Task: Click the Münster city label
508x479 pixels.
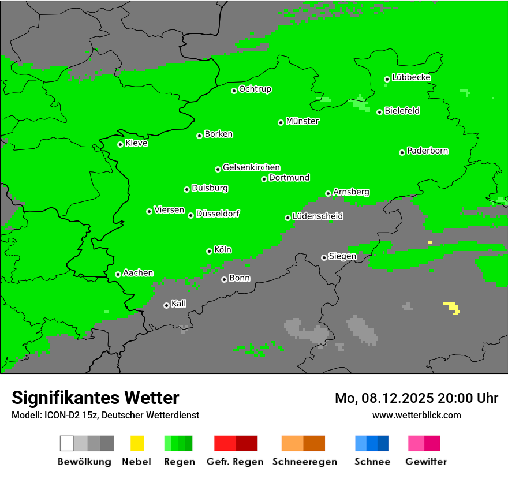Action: (x=302, y=121)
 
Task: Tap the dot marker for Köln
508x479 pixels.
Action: (x=209, y=251)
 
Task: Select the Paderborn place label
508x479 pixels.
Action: (x=427, y=151)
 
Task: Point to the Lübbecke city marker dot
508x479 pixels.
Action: (x=387, y=79)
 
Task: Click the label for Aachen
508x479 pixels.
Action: (x=138, y=273)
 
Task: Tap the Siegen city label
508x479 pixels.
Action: (x=342, y=256)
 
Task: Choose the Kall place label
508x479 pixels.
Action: (x=179, y=304)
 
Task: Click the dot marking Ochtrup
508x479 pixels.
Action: (x=234, y=91)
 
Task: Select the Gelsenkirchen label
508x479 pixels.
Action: (x=251, y=167)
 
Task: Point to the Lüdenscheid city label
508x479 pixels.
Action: (x=317, y=216)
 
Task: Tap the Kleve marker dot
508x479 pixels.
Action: (x=120, y=144)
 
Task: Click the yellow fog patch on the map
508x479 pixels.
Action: (x=451, y=306)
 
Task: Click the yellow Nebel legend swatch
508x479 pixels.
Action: (x=137, y=443)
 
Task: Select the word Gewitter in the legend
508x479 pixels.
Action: (x=425, y=462)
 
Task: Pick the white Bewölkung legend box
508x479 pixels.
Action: (x=67, y=443)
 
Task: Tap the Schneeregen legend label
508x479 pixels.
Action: (x=304, y=462)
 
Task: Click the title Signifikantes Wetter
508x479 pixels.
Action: (x=95, y=398)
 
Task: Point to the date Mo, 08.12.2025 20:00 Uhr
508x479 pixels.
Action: (x=416, y=398)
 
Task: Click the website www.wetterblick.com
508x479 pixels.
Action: (x=416, y=415)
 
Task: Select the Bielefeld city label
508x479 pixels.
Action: (x=402, y=111)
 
